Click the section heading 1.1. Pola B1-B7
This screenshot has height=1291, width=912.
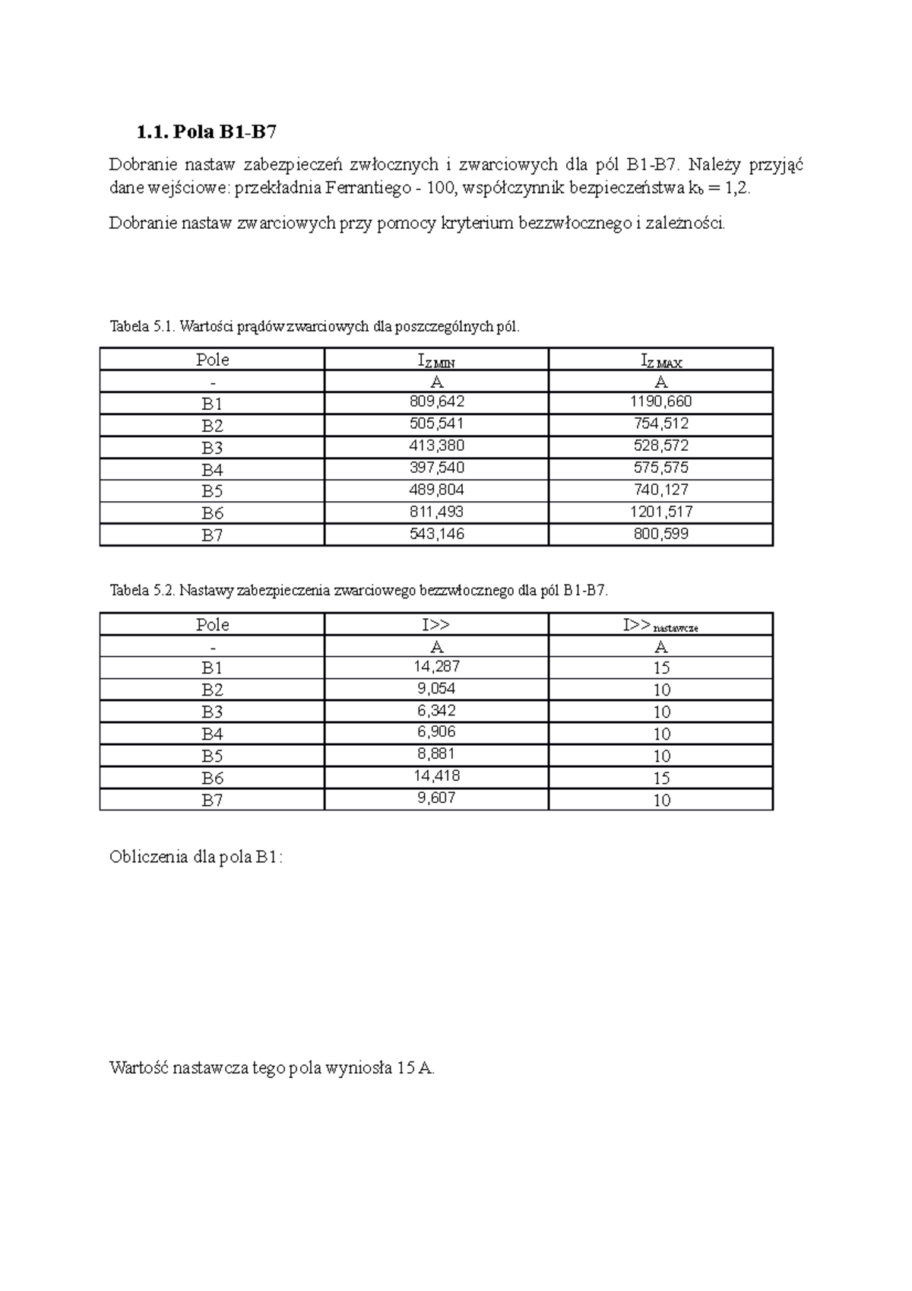tap(206, 133)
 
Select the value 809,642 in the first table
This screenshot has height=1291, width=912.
tap(436, 401)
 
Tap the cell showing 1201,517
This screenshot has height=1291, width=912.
tap(660, 512)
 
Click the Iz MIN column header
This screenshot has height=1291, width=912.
tap(436, 360)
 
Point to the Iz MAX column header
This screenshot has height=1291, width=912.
tap(660, 360)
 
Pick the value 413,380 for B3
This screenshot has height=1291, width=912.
tap(436, 446)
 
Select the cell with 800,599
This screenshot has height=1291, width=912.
tap(660, 534)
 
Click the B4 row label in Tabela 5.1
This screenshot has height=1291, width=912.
tap(212, 469)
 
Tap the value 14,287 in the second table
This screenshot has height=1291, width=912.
tap(436, 666)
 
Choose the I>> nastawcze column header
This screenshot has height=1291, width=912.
tap(660, 625)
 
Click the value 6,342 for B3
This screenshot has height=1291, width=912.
tap(436, 710)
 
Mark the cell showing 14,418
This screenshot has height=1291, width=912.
tap(436, 776)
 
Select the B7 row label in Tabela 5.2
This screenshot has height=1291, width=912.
tap(212, 800)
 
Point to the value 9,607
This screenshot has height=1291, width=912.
tap(436, 798)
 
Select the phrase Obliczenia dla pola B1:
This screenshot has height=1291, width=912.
tap(196, 858)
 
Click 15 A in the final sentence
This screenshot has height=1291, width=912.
tap(414, 1068)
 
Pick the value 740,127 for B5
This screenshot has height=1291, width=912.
tap(660, 490)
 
